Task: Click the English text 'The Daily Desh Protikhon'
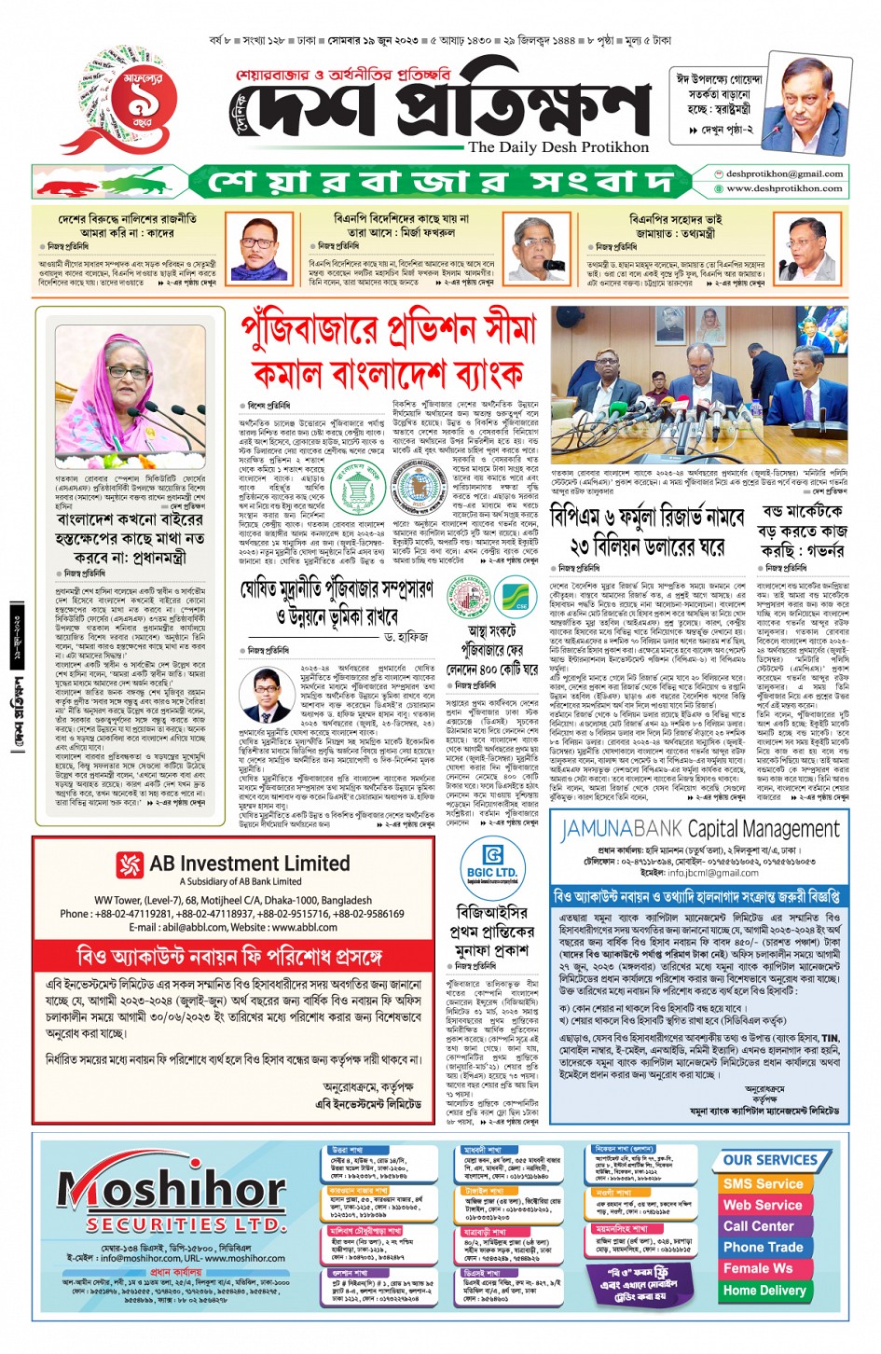tap(558, 146)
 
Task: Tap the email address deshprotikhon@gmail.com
tap(784, 173)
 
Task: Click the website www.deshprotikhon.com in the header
tap(784, 187)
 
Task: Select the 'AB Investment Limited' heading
tap(250, 863)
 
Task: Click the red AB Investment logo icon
tap(129, 864)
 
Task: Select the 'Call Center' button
tap(759, 1225)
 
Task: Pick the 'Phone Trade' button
tap(763, 1247)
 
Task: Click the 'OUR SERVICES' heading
tap(770, 1160)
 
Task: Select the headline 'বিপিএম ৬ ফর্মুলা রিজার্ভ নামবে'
tap(647, 516)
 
